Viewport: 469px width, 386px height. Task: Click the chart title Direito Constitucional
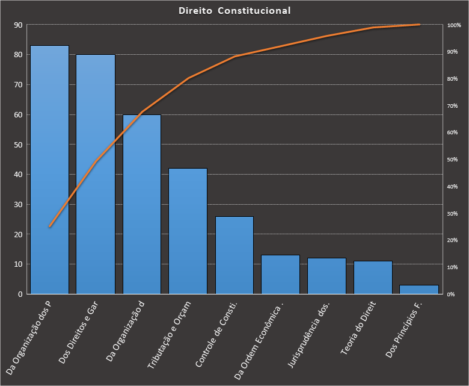pyautogui.click(x=234, y=11)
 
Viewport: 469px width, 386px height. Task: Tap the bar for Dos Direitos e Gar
pyautogui.click(x=95, y=175)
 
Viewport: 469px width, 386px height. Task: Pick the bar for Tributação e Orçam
pyautogui.click(x=188, y=231)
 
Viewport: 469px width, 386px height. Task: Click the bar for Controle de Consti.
pyautogui.click(x=234, y=255)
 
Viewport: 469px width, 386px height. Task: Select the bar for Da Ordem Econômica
pyautogui.click(x=280, y=275)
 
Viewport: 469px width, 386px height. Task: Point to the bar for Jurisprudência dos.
pyautogui.click(x=326, y=276)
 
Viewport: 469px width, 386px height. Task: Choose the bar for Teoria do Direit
pyautogui.click(x=373, y=277)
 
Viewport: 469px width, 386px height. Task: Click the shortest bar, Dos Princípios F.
pyautogui.click(x=419, y=290)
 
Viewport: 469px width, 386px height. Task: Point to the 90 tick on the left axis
pyautogui.click(x=17, y=25)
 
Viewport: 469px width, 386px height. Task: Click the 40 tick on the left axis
pyautogui.click(x=17, y=175)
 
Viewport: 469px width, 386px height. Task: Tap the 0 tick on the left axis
pyautogui.click(x=19, y=294)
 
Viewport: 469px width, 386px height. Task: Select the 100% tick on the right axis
pyautogui.click(x=454, y=25)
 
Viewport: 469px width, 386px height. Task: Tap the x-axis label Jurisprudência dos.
pyautogui.click(x=312, y=334)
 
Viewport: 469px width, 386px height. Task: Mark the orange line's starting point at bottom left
pyautogui.click(x=49, y=226)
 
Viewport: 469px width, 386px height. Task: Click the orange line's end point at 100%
pyautogui.click(x=419, y=25)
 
